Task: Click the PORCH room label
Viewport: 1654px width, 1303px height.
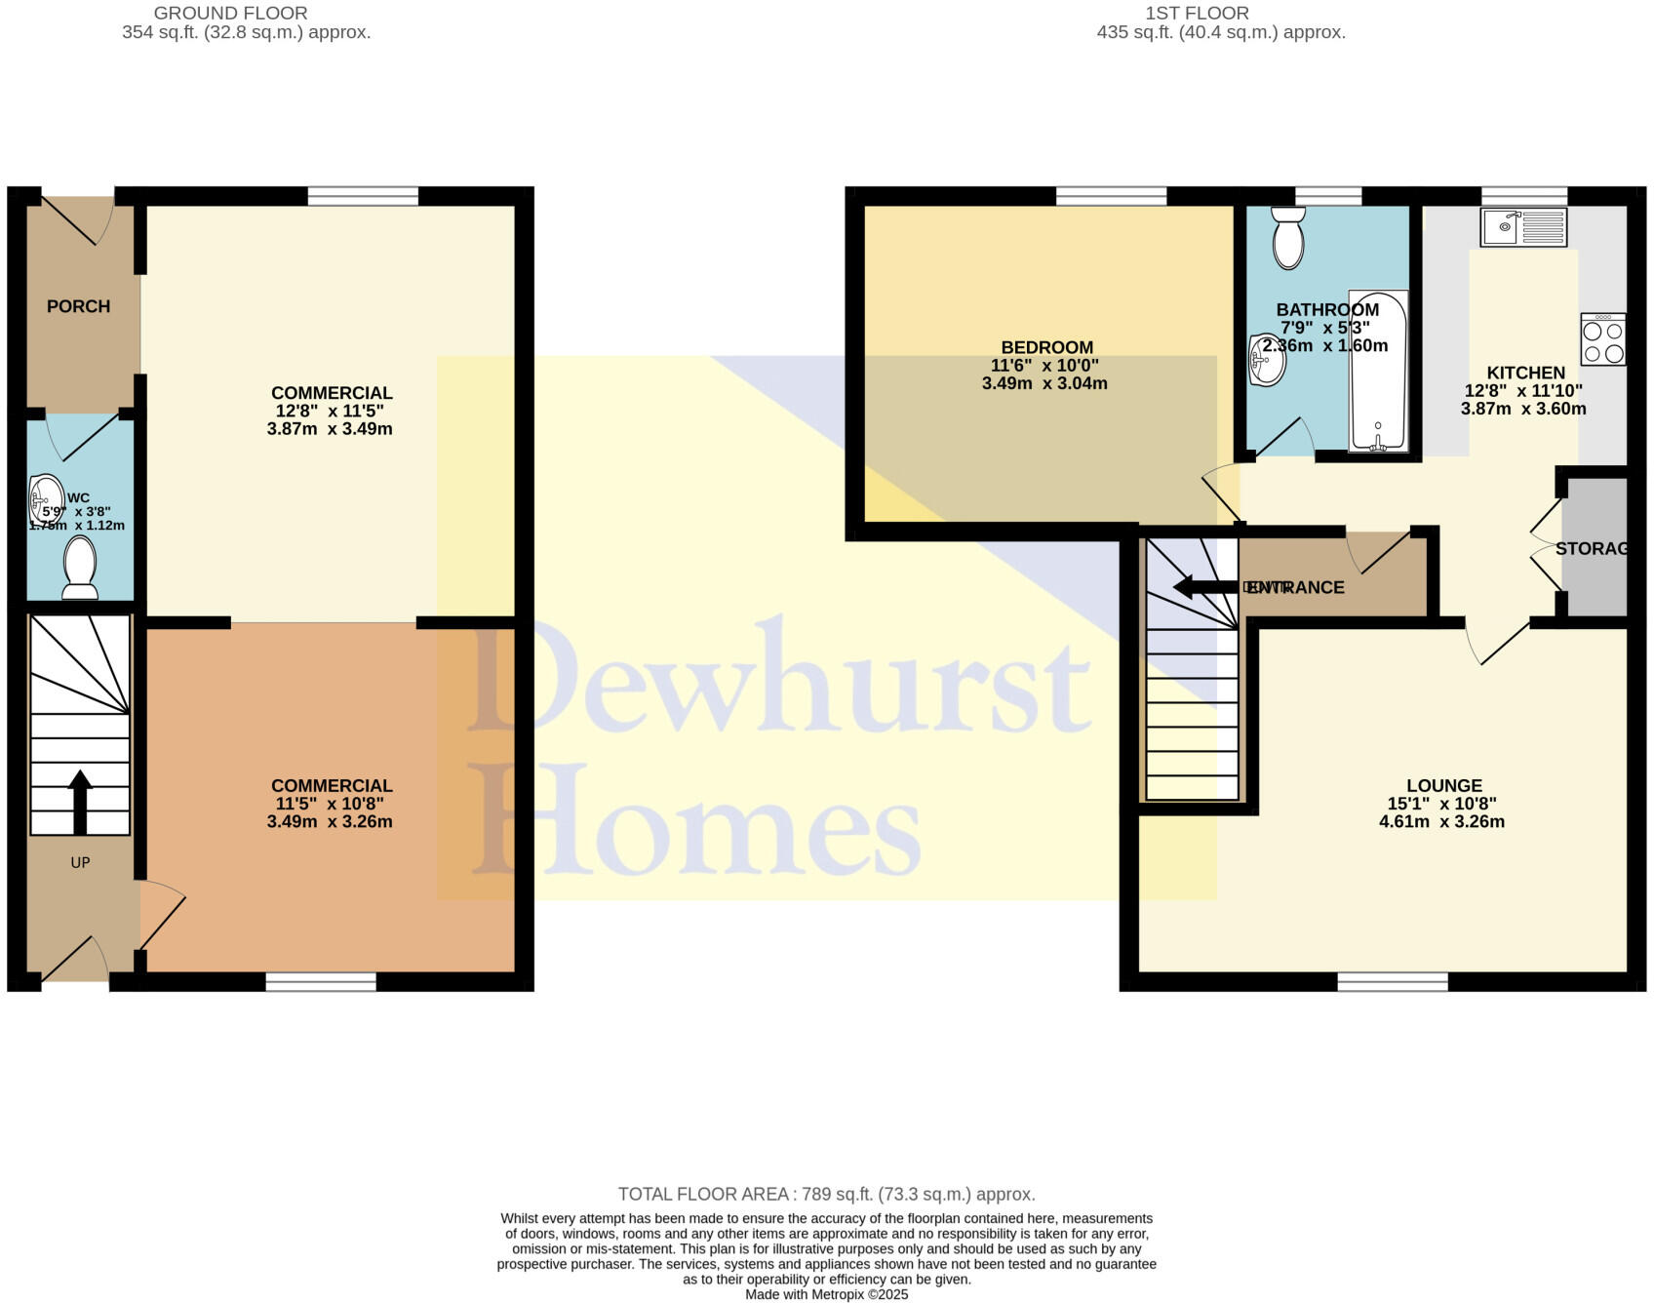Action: (78, 306)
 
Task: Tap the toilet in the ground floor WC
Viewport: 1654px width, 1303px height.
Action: (79, 570)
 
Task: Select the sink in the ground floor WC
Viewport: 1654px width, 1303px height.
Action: (45, 496)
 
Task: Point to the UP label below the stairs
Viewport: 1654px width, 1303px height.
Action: (80, 862)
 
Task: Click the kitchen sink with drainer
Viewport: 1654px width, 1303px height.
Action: (1523, 227)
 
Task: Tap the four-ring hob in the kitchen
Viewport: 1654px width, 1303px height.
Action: (1603, 339)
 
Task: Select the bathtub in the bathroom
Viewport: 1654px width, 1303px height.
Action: (1378, 371)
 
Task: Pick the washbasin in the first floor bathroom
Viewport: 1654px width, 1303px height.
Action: (1267, 361)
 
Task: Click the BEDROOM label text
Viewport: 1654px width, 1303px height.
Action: (1046, 347)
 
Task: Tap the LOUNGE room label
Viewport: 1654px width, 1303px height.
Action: (1443, 785)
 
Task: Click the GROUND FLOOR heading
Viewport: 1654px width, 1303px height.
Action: (231, 13)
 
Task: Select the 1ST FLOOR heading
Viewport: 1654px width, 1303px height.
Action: (1197, 13)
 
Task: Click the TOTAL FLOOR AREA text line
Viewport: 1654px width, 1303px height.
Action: (826, 1194)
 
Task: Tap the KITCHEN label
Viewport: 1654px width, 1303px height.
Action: (1525, 373)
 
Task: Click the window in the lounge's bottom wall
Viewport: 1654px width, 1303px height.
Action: (1392, 981)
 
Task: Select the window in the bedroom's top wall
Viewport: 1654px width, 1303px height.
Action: (1111, 196)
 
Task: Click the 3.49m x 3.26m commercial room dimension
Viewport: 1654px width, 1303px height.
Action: (330, 821)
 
